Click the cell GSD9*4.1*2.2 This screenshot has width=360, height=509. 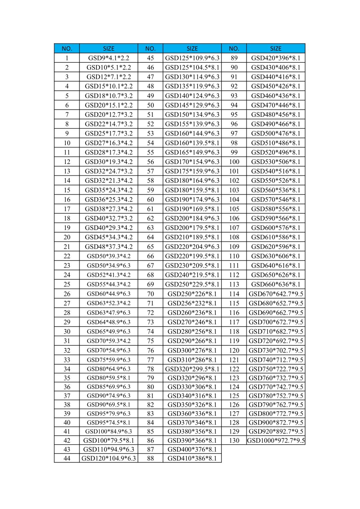(108, 58)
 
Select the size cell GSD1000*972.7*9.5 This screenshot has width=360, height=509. (276, 440)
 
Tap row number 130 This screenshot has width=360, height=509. (234, 440)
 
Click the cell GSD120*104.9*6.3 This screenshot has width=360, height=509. (108, 458)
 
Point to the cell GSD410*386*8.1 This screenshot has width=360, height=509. (192, 458)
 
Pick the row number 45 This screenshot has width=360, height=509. (150, 58)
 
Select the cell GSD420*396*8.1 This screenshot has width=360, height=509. (276, 58)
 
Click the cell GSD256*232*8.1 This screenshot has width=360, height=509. (192, 303)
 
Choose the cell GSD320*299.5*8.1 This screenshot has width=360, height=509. (192, 369)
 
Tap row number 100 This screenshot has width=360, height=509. (234, 162)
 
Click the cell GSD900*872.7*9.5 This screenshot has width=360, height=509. (276, 422)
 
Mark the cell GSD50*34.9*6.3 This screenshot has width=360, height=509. (108, 266)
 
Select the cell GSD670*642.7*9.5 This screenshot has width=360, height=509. (276, 294)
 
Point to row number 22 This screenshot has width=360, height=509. (67, 256)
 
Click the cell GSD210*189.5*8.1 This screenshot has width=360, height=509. (192, 237)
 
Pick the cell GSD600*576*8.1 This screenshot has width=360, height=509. (276, 228)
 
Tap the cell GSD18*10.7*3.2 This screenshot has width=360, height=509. (108, 96)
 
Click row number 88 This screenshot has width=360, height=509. (150, 458)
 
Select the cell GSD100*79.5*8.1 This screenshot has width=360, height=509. (108, 440)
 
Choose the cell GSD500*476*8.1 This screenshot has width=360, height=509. (276, 133)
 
